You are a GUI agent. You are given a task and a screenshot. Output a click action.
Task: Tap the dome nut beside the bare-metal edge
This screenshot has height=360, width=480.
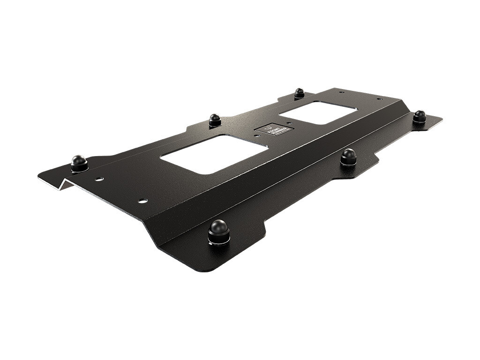pos(79,162)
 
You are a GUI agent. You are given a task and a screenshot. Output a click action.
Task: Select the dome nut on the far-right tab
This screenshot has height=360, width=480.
pos(419,116)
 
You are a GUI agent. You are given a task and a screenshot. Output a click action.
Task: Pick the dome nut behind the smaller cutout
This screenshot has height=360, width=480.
pos(299,93)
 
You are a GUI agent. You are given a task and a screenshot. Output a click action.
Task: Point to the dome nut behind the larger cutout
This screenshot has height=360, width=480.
pos(215,120)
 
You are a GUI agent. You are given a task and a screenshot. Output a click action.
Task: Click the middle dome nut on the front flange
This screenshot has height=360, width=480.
pos(348,156)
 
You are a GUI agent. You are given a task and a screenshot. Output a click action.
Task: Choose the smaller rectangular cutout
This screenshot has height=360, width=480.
pos(318,112)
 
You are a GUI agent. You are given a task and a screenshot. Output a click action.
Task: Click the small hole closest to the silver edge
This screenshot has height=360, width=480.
pos(99,179)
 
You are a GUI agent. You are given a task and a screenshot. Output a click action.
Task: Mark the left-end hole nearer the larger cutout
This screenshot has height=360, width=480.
pos(142,201)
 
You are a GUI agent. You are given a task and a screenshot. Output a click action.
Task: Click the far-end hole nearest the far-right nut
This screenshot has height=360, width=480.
pos(379,99)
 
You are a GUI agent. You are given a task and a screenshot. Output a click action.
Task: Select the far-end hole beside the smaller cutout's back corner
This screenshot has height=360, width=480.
pos(341,92)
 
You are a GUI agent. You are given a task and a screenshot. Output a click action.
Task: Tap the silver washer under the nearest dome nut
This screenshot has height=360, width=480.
pos(218,241)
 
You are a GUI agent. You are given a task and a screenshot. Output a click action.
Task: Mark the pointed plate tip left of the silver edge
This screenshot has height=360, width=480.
pos(39,177)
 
